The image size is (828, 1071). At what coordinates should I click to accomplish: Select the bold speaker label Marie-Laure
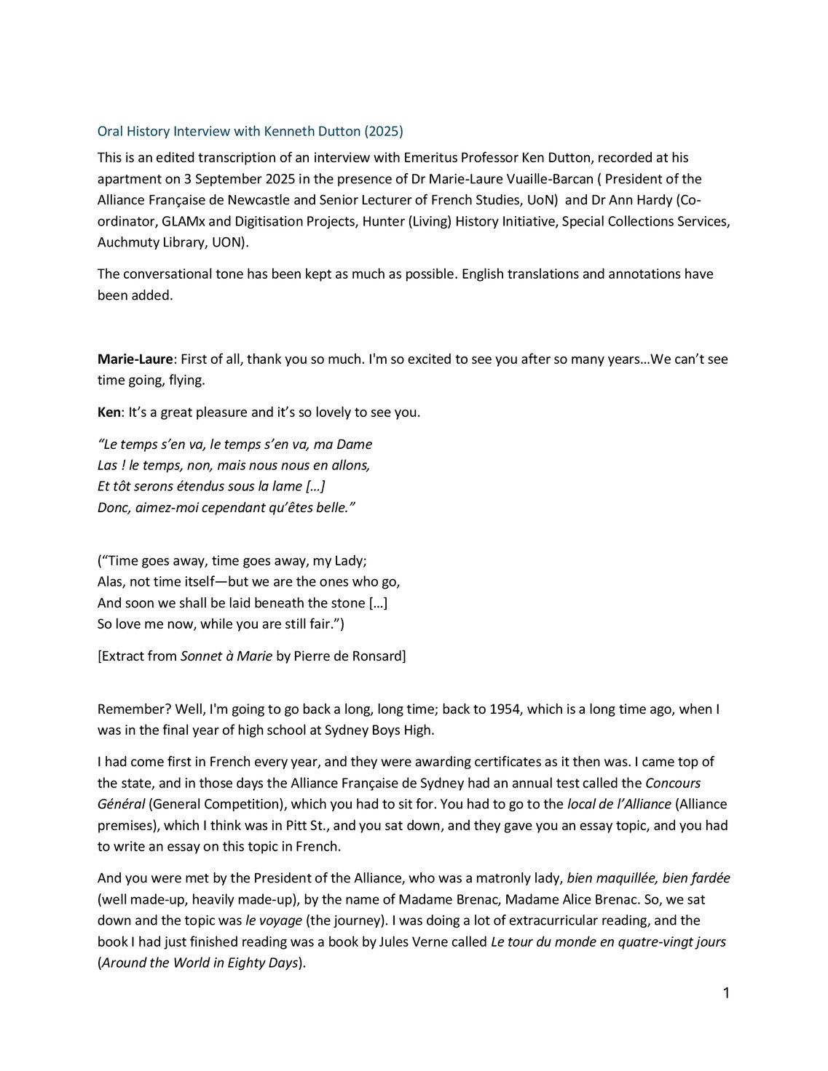point(135,359)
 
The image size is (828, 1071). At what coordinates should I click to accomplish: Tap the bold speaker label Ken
point(109,413)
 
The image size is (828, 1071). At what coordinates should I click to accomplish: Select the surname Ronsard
point(378,656)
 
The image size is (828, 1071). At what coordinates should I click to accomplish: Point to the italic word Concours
point(673,784)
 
